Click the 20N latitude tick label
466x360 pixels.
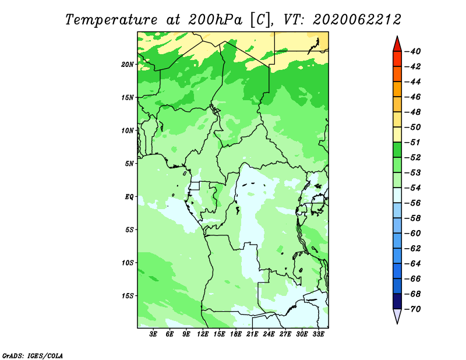(127, 65)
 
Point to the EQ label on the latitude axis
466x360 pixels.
(129, 197)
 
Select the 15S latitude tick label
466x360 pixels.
(127, 296)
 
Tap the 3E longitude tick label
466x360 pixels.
(153, 334)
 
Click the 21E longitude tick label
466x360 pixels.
(252, 334)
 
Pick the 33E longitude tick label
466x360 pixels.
(318, 334)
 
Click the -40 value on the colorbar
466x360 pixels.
(413, 51)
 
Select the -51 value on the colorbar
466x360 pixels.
(413, 142)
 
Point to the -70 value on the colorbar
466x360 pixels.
(413, 309)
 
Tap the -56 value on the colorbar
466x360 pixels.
(413, 203)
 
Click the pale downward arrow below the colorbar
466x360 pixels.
(397, 316)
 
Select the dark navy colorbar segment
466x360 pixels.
(397, 301)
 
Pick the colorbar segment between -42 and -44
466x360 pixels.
(397, 74)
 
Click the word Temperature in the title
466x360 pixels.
(111, 20)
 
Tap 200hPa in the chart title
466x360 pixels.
(215, 20)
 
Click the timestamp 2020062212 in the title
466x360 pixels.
(357, 20)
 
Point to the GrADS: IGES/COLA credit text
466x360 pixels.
(33, 355)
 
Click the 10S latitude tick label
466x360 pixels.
(127, 263)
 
